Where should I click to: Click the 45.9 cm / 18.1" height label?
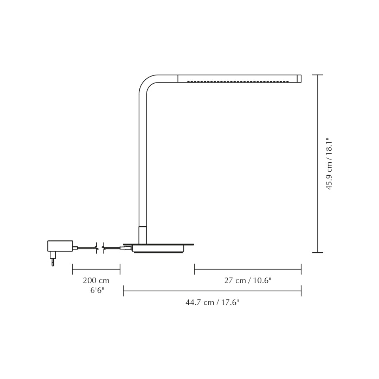[329, 164]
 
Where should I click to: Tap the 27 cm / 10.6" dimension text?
[248, 281]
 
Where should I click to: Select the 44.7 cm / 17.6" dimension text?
[212, 302]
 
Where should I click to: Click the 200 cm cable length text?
[96, 281]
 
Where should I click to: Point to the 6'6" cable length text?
[97, 291]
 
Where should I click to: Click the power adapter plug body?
[60, 246]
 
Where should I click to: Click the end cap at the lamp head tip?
[299, 79]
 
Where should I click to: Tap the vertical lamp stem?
[143, 158]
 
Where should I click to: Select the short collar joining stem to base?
[143, 235]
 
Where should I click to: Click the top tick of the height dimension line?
[318, 75]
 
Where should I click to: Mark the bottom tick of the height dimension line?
[318, 252]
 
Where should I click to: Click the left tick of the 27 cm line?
[194, 269]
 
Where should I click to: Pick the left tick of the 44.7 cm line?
[123, 291]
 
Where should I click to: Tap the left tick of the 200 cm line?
[72, 269]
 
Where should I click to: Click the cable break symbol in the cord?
[100, 248]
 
